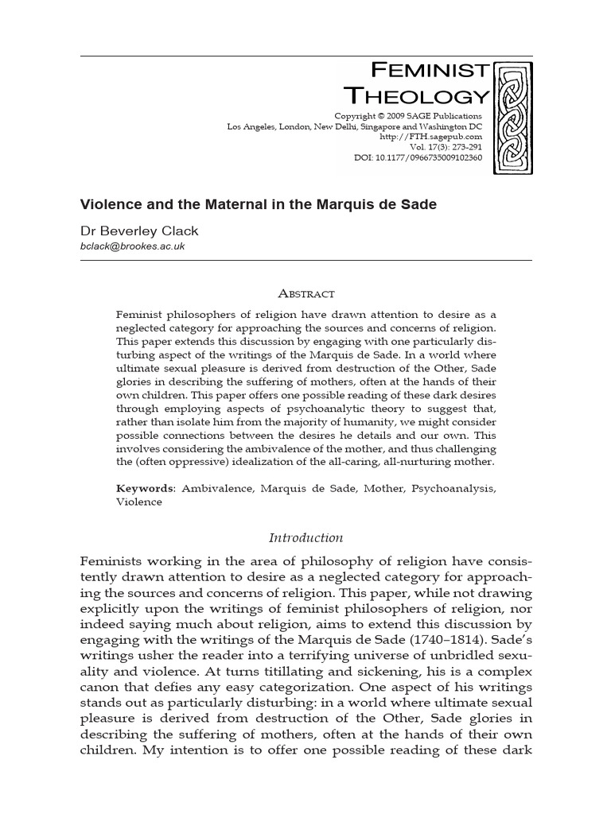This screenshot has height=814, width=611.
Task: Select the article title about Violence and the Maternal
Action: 259,204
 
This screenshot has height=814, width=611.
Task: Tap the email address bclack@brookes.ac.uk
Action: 133,246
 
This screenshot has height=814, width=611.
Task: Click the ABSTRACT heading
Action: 305,294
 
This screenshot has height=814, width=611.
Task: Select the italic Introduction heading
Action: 305,537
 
